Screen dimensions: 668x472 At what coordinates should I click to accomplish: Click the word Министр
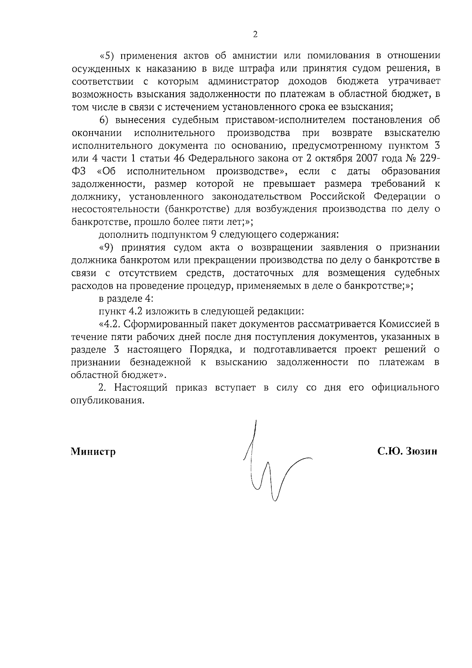pos(93,452)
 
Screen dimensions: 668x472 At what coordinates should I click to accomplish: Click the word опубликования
pos(106,400)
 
